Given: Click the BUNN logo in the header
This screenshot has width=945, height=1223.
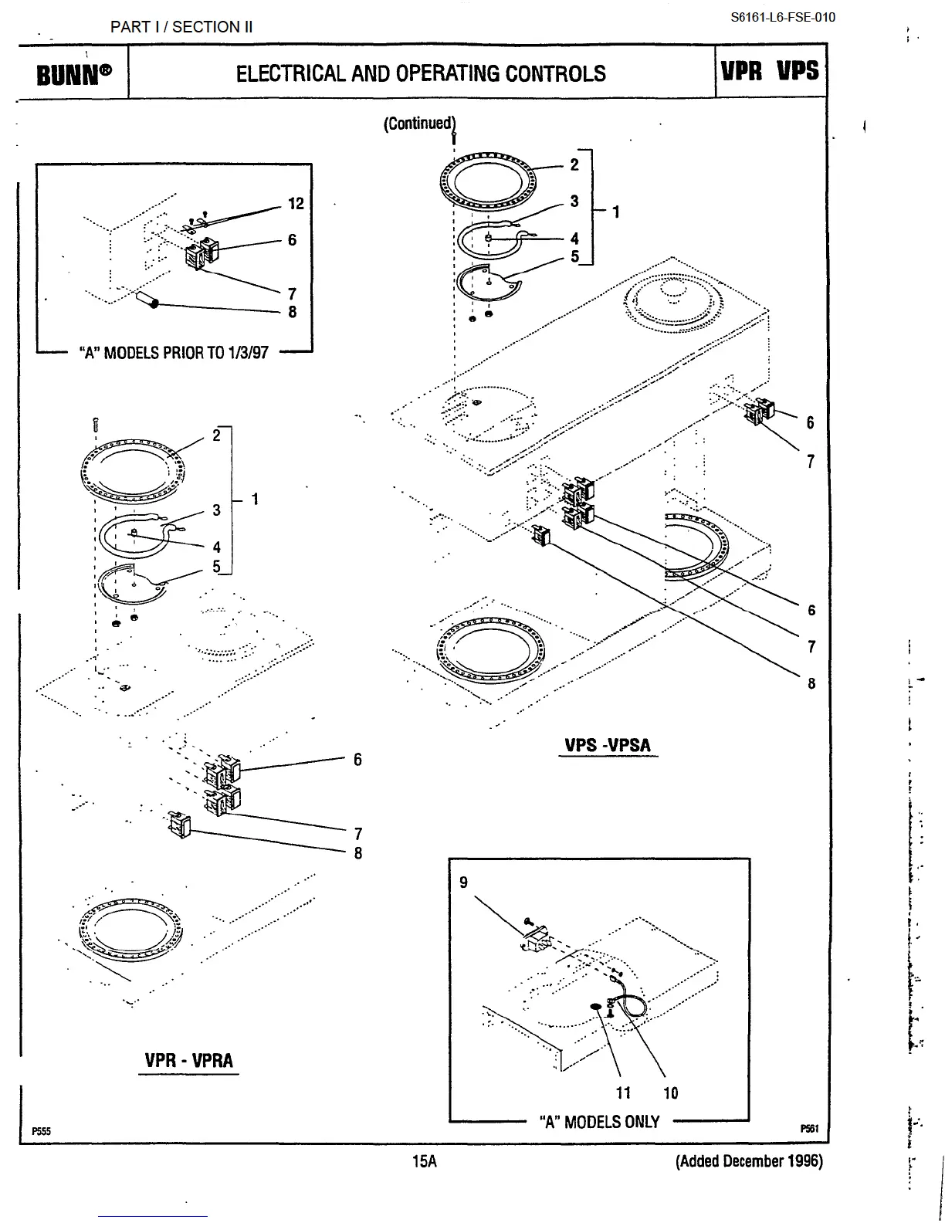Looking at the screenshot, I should coord(73,74).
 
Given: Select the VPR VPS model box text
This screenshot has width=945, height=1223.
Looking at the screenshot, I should coord(770,71).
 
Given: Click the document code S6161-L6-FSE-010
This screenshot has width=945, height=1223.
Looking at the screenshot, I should coord(783,17).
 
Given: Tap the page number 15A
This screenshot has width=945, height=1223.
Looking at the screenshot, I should coord(424,1160).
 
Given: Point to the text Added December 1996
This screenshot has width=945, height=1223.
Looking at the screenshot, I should coord(749,1160).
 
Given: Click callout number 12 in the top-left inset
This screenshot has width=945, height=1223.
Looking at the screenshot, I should coord(296,204).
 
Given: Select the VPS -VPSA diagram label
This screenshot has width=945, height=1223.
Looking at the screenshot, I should coord(608,745).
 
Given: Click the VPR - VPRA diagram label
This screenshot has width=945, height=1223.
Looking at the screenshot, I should coord(188,1060).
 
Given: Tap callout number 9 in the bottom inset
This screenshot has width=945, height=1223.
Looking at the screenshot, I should coord(463,882).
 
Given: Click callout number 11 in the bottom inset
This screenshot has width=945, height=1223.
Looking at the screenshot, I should coord(623,1093).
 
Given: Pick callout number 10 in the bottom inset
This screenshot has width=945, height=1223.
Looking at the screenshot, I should coord(670,1093).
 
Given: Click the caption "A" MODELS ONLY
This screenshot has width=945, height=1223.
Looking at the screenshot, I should coord(599,1122).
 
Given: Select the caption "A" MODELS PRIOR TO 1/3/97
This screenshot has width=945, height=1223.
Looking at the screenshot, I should coord(174,353).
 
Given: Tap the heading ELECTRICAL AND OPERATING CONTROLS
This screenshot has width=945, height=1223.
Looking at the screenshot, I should coord(421,74).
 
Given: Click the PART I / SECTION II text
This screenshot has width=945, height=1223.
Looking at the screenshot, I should coord(181,27).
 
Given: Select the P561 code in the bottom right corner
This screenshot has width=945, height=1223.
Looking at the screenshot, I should coord(809,1129).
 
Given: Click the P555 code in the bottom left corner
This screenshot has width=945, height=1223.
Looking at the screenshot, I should coord(41,1131).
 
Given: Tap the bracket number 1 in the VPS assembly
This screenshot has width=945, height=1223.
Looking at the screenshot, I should coord(615,212).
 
